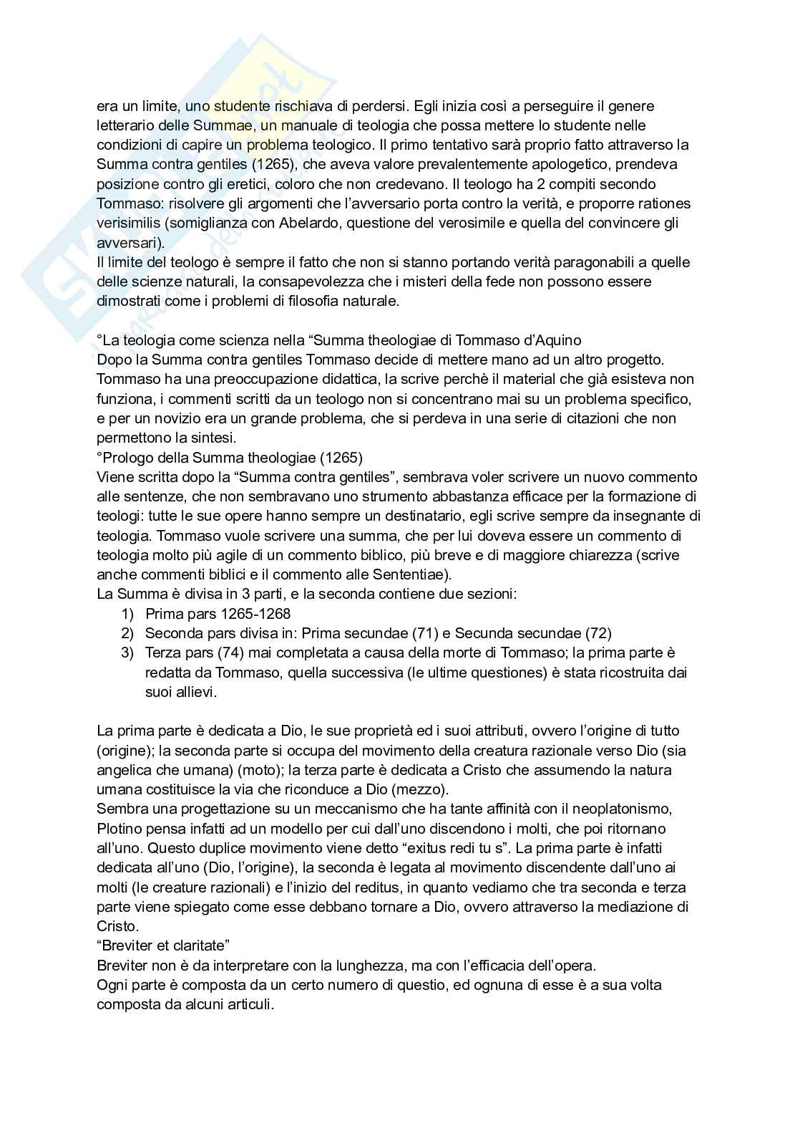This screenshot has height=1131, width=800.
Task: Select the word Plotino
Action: (119, 829)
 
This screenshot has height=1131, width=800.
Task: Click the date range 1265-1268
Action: (255, 614)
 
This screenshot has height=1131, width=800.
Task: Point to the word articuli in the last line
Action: (248, 1005)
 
